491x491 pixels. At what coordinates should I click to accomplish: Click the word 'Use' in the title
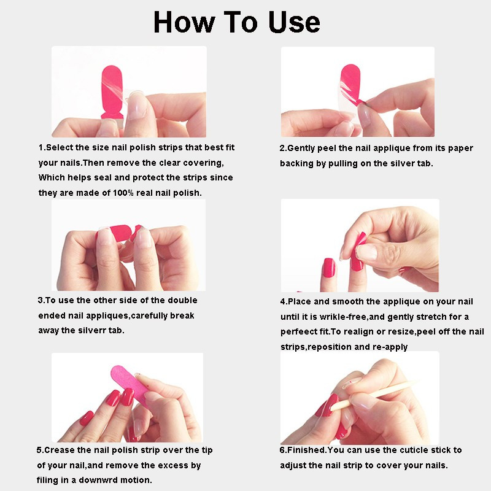tap(294, 23)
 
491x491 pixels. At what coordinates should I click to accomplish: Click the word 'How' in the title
tap(184, 22)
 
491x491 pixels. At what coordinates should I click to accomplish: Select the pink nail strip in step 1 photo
tap(112, 91)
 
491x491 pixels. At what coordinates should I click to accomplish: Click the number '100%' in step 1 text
tap(123, 193)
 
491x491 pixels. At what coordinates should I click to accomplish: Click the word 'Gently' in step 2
tap(301, 148)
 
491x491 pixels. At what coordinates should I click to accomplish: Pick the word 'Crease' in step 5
tap(60, 450)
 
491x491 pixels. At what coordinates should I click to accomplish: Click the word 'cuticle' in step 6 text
tap(411, 450)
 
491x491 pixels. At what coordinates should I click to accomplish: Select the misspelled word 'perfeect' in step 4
tap(295, 332)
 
